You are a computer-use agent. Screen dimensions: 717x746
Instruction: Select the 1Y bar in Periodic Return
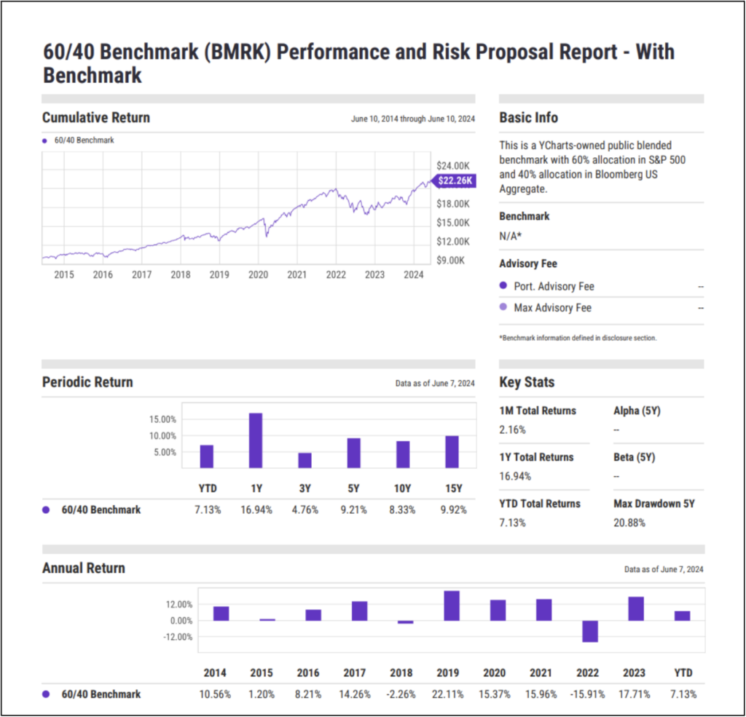point(256,440)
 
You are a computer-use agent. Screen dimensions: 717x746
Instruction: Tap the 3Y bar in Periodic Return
point(305,460)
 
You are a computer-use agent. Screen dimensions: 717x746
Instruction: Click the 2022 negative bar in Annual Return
point(589,631)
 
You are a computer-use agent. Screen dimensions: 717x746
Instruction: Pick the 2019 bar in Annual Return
point(451,606)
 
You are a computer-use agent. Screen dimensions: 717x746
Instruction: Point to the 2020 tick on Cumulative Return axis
point(258,274)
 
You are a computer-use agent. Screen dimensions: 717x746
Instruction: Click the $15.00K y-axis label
point(452,222)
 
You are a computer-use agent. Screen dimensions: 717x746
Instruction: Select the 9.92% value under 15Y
point(452,510)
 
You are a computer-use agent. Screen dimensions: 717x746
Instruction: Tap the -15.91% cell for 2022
point(589,694)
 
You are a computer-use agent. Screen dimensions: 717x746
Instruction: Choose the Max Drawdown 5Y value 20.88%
point(629,523)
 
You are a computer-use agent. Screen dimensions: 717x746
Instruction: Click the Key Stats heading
point(527,382)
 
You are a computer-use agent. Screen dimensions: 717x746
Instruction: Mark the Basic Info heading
point(529,117)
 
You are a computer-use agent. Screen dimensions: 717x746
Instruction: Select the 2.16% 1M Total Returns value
point(512,429)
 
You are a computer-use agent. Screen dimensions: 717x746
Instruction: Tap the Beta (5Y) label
point(634,457)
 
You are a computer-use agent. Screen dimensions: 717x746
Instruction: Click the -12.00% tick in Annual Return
point(177,637)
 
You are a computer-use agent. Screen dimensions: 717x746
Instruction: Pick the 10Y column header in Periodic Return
point(403,488)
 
